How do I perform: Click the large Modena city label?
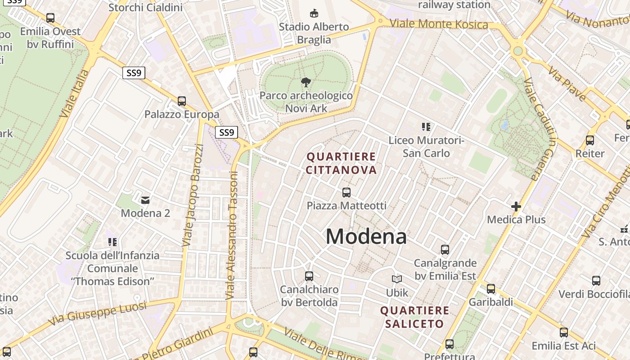coord(366,236)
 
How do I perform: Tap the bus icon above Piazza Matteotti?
coord(346,193)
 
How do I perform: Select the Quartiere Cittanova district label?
coord(341,163)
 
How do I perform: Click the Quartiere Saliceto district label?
coord(414,317)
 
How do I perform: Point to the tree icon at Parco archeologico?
coord(306,82)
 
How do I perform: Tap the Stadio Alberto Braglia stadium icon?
coord(314,13)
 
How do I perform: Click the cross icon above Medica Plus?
coord(516,207)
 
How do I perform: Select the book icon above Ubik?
coord(396,279)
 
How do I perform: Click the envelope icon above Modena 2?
coord(145,200)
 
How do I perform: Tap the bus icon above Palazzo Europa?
coord(182,101)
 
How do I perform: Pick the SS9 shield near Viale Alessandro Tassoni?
coord(226,132)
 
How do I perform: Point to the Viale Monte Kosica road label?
coord(438,24)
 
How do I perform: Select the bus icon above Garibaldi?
coord(491,289)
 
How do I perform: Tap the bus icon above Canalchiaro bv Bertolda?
coord(309,276)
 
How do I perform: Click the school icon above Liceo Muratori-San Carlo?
coord(426,127)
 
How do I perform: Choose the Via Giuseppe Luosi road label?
coord(97,314)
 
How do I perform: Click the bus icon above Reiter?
coord(590,140)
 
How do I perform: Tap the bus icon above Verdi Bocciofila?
coord(596,281)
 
